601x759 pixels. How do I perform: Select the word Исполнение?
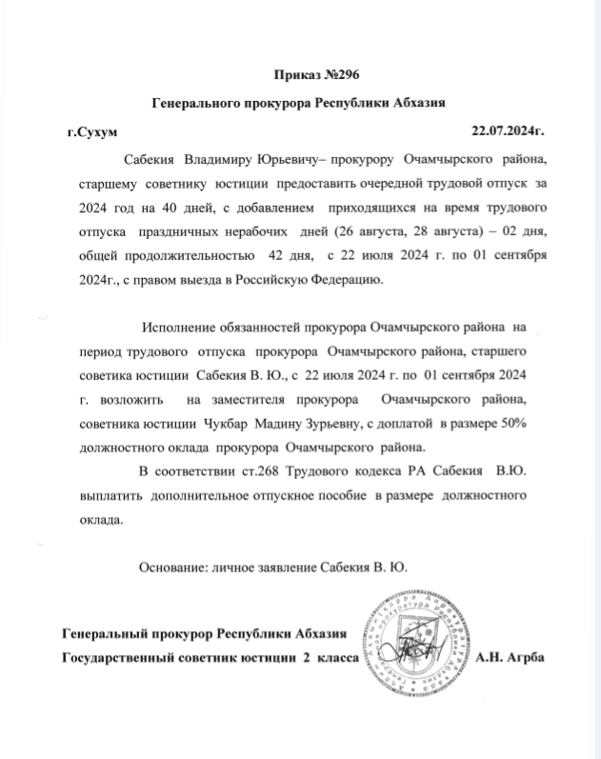tap(179, 329)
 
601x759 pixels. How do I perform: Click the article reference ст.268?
tap(289, 471)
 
